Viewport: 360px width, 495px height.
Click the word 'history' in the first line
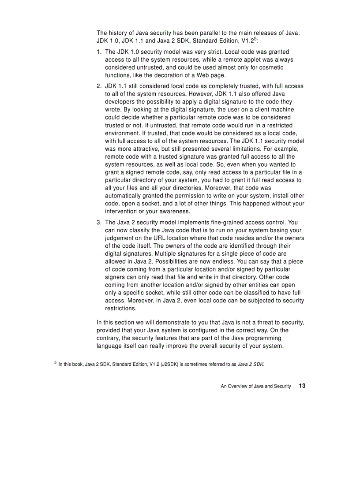[118, 33]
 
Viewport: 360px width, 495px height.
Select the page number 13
[302, 386]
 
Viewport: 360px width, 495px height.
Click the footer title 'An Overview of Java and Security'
[255, 386]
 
